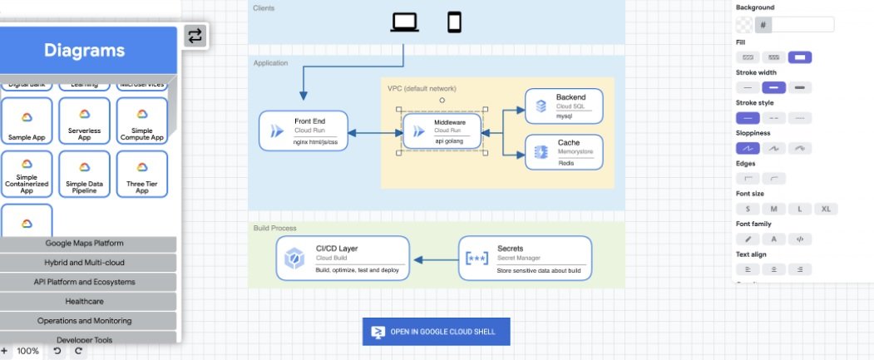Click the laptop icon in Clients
click(405, 22)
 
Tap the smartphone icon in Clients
click(454, 22)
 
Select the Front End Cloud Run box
click(304, 131)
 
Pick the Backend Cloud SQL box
click(564, 106)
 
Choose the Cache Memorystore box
click(564, 152)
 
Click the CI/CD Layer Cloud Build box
click(343, 258)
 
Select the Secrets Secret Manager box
click(525, 258)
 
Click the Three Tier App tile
click(141, 173)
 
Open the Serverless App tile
click(84, 121)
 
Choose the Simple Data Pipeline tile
click(84, 173)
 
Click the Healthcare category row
click(84, 301)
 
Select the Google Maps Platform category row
click(84, 244)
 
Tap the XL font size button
click(827, 209)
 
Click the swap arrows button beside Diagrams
click(195, 36)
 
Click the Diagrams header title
click(84, 51)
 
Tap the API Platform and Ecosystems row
click(84, 282)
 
